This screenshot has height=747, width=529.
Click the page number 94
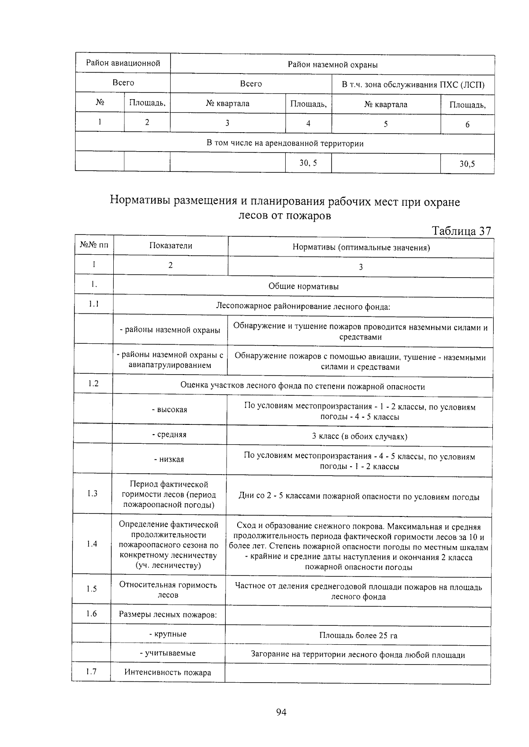(281, 712)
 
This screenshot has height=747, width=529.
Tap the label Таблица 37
(461, 231)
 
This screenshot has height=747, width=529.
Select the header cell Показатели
(171, 246)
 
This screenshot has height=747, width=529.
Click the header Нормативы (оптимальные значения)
(361, 247)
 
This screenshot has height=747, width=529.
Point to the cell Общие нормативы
(303, 286)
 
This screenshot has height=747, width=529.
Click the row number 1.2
(93, 383)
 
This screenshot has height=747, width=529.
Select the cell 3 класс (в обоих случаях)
(359, 436)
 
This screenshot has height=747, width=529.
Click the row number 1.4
(92, 544)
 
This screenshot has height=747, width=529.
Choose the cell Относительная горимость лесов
(168, 590)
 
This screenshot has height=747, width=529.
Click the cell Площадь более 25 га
(358, 636)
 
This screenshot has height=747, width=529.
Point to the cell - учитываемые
(168, 653)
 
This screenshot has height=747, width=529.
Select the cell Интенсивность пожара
(168, 673)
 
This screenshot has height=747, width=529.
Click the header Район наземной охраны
(332, 65)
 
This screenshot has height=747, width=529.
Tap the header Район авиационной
(123, 63)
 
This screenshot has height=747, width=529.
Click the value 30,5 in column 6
(467, 164)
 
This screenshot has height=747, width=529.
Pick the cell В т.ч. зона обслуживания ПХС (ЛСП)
(413, 85)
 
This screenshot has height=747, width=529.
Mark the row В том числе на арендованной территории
(285, 143)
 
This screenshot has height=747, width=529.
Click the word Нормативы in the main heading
(140, 201)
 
